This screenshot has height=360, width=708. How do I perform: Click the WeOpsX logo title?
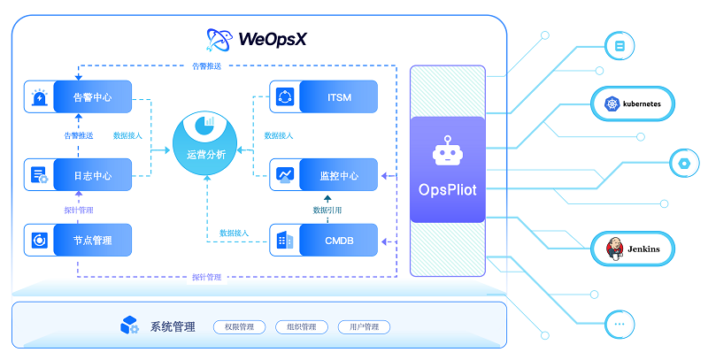click(258, 38)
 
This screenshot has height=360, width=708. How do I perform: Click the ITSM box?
click(324, 96)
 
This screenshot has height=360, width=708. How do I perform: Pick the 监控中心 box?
click(324, 175)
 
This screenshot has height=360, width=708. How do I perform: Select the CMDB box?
click(324, 240)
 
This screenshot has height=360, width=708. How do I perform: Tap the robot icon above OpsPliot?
click(448, 152)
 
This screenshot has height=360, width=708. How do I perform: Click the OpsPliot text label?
click(448, 189)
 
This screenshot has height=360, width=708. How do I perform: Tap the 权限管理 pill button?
click(239, 327)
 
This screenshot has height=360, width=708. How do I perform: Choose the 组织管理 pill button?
click(302, 327)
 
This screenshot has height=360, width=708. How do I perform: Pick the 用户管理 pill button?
click(364, 327)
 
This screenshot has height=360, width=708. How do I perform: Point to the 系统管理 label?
click(170, 326)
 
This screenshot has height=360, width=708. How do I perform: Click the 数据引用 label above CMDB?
click(327, 211)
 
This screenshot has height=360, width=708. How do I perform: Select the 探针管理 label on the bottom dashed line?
click(206, 277)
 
